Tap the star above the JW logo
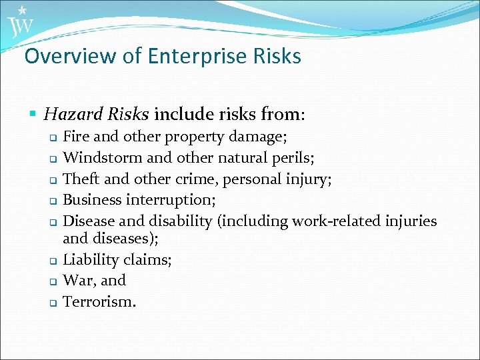(x=22, y=10)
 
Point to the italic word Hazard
(x=69, y=115)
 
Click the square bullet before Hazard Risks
(x=34, y=115)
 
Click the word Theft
(x=81, y=179)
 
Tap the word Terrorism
(x=99, y=301)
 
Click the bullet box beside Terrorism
(x=52, y=303)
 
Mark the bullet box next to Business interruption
(x=52, y=201)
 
